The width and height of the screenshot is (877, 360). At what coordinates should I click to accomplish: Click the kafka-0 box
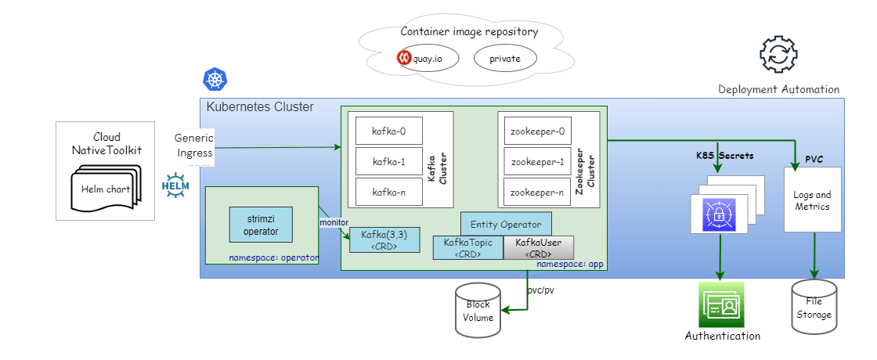(x=389, y=131)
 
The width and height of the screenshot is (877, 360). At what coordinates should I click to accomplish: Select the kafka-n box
(x=389, y=192)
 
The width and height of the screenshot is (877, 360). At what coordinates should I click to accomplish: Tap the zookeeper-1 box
(x=536, y=162)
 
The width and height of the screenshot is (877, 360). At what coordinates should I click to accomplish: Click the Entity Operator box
(x=506, y=224)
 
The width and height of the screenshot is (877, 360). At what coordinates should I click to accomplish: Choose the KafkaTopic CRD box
(x=467, y=248)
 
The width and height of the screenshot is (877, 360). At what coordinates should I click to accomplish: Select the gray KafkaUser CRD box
(x=539, y=248)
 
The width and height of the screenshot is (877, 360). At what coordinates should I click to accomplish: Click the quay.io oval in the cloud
(x=424, y=59)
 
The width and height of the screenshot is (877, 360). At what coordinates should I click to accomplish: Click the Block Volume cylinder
(x=478, y=311)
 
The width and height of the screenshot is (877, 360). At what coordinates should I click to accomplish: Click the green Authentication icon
(x=721, y=305)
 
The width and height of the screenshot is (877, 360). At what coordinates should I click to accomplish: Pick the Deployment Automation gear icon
(x=778, y=55)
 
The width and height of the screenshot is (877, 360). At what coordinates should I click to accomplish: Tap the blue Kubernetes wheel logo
(x=215, y=79)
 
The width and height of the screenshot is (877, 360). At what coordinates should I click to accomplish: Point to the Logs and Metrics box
(x=812, y=200)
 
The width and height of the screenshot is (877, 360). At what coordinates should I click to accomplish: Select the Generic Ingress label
(x=193, y=146)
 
